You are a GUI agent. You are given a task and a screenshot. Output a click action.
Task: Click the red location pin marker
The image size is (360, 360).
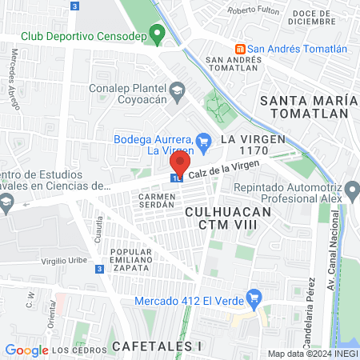pos(180,164)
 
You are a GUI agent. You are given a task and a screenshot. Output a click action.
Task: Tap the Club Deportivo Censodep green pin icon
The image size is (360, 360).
pos(158,34)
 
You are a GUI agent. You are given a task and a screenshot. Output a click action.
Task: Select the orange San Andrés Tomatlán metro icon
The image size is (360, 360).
pos(240,48)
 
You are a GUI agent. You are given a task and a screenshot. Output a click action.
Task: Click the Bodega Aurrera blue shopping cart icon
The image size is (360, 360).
pos(203,140)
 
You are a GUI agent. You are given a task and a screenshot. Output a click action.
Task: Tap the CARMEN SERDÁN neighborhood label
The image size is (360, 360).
pos(156,200)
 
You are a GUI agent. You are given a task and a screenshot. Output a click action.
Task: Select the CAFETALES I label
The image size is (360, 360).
pos(157,346)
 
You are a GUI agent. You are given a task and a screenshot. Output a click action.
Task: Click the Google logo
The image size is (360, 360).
pos(26,350)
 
